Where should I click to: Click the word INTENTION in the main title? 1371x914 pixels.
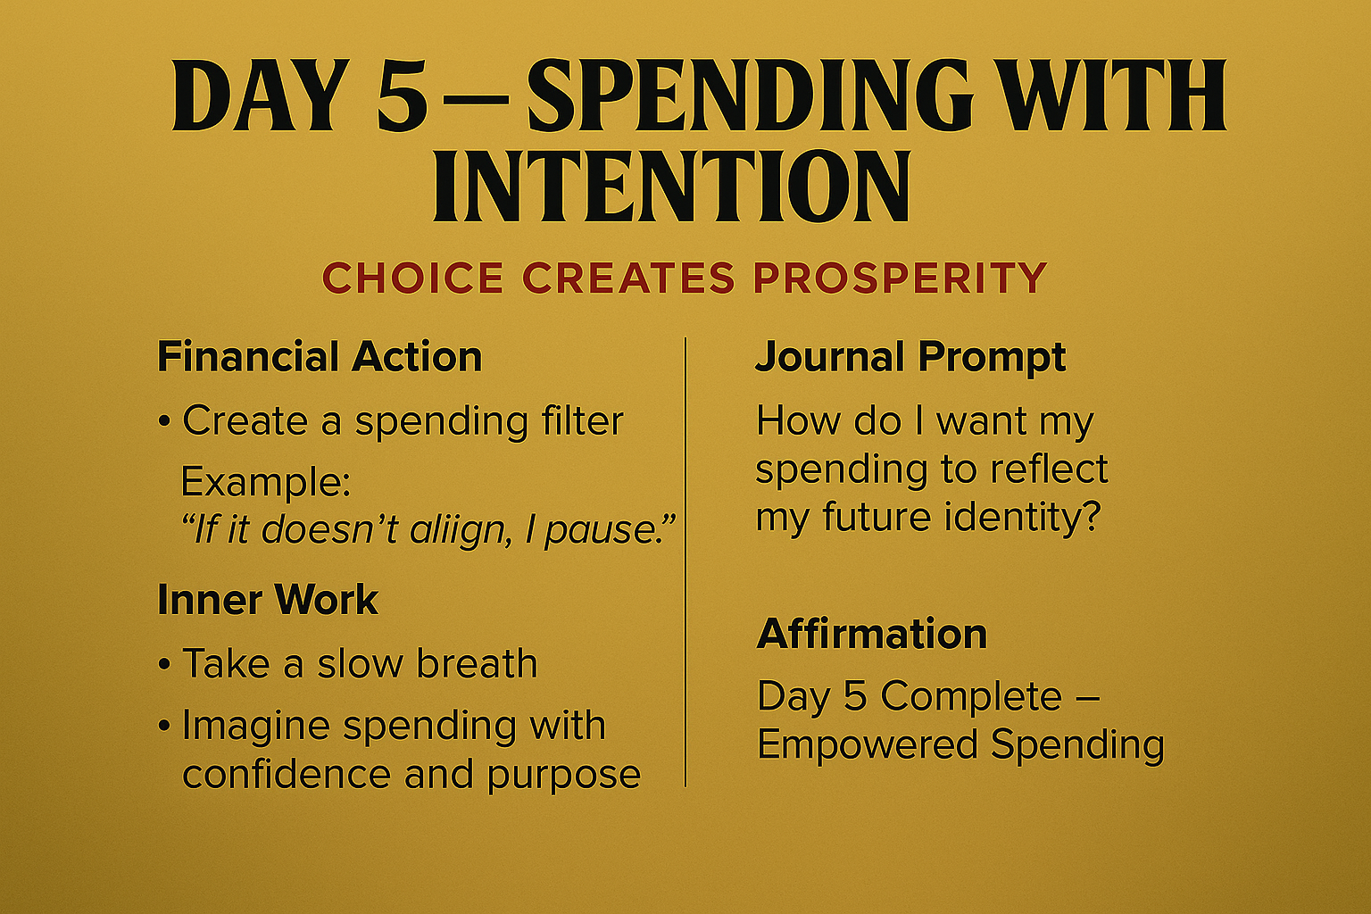[671, 187]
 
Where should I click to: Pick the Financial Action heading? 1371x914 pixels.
[320, 357]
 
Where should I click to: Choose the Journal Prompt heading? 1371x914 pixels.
[910, 357]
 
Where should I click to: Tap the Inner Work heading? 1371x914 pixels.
[268, 600]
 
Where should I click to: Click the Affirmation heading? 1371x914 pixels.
[872, 634]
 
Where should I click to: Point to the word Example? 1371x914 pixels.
[266, 482]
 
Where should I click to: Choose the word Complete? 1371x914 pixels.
[971, 696]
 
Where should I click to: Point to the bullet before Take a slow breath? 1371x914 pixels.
[163, 665]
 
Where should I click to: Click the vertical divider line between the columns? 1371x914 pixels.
[685, 562]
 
